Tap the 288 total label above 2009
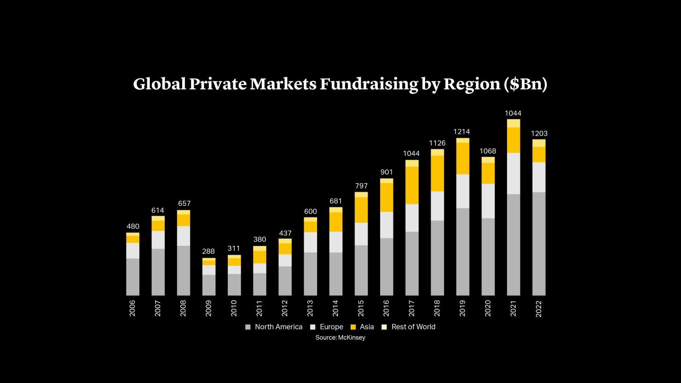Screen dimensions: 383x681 [208, 252]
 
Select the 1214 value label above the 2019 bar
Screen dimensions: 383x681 [462, 131]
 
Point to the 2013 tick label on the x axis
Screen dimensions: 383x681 [310, 308]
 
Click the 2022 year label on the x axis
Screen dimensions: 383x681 [539, 308]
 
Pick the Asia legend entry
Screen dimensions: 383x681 [362, 327]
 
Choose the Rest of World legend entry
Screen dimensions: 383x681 [408, 327]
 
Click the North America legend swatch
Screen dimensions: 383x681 [248, 327]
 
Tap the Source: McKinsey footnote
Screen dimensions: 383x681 [340, 337]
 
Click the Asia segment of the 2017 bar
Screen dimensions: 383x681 [412, 185]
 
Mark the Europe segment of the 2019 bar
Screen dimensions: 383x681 [462, 191]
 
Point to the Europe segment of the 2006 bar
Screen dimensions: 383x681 [133, 251]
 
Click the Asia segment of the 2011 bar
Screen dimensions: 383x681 [260, 257]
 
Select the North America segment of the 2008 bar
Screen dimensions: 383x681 [184, 270]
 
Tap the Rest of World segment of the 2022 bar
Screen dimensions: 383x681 [539, 143]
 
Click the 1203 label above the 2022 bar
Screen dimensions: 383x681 [539, 134]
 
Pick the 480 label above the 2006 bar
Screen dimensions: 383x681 [133, 226]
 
